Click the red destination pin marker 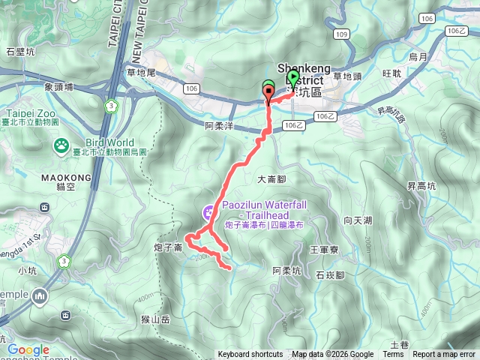click(268, 92)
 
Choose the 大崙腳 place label click(272, 178)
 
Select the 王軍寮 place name click(325, 247)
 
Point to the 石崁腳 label click(330, 274)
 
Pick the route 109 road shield click(342, 34)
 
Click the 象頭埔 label click(58, 86)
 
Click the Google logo click(28, 349)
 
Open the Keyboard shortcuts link click(250, 355)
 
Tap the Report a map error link click(445, 355)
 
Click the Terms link click(393, 355)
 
